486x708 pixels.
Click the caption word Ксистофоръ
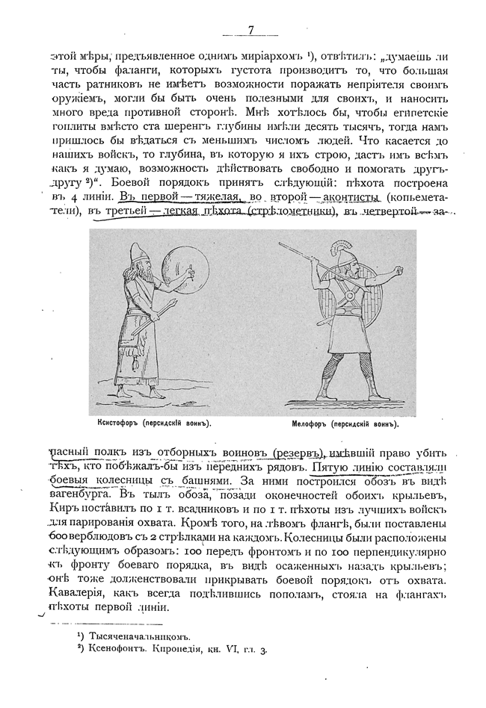click(112, 423)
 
